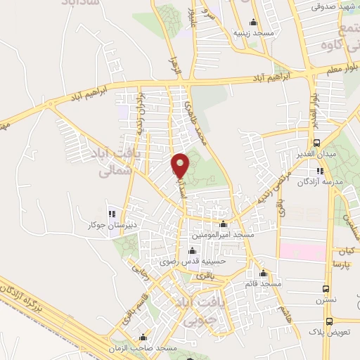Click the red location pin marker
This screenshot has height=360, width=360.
coord(181,165)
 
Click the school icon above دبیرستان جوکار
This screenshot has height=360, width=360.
coord(110,214)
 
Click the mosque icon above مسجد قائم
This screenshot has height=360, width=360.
coord(264,274)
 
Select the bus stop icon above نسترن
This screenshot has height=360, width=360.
coord(325,289)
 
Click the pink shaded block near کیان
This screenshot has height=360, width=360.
coord(302,251)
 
